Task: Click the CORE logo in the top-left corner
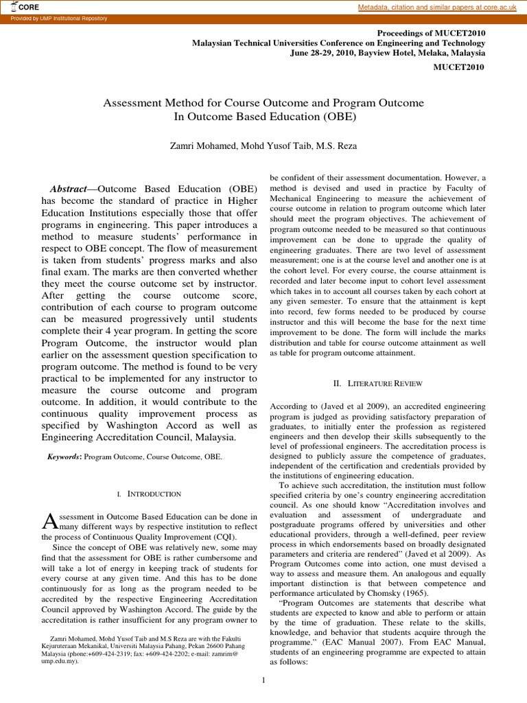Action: (x=26, y=7)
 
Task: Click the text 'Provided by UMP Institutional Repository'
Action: (x=59, y=19)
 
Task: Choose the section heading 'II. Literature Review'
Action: (x=379, y=383)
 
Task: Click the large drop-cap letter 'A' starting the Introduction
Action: (x=48, y=522)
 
